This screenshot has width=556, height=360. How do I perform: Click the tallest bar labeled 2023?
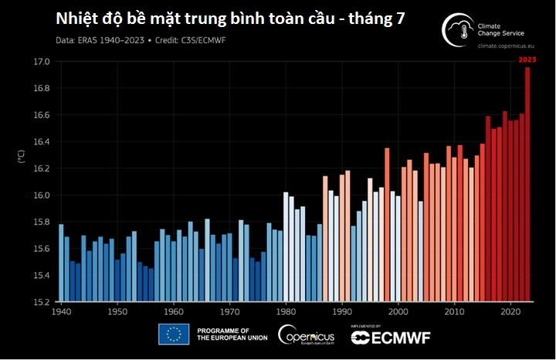coord(527,185)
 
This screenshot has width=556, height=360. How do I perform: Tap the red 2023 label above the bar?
coord(527,59)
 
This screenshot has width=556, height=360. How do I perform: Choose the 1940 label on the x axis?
coord(61,312)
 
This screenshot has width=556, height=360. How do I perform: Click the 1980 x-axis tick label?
coord(286,312)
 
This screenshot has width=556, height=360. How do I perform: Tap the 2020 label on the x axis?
coord(510,312)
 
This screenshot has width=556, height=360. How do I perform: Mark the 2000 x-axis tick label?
coord(398,312)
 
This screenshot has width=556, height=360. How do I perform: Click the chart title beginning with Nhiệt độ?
coord(231,19)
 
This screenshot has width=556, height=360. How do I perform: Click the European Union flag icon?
coord(174,334)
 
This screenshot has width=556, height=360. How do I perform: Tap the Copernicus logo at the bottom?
coord(306,335)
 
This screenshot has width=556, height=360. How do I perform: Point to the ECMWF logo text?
coord(391,338)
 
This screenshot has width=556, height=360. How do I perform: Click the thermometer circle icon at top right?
coord(458,29)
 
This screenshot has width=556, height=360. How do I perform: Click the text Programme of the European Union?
coord(232,335)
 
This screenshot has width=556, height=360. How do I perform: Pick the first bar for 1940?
coord(61,263)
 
